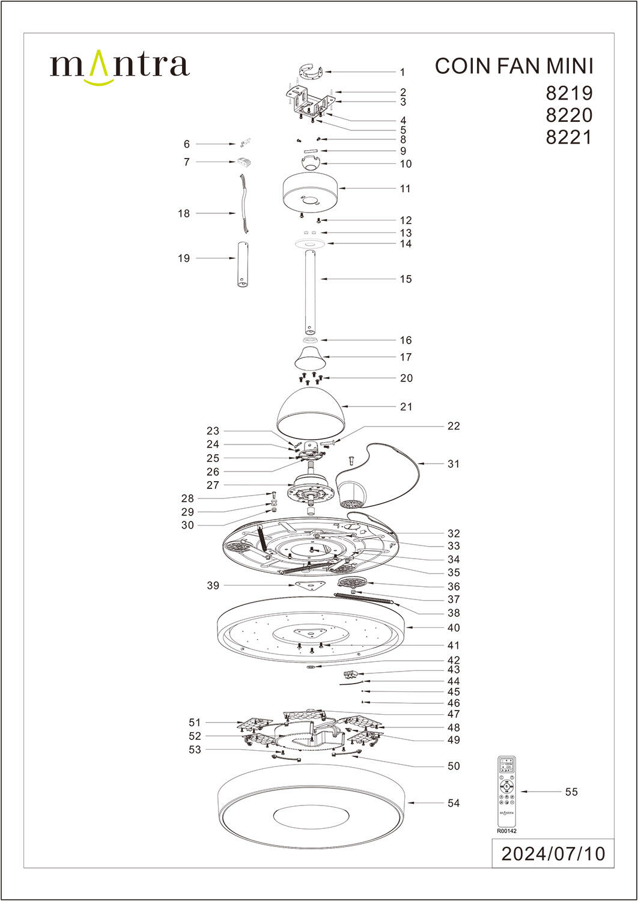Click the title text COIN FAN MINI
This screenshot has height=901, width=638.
pyautogui.click(x=514, y=66)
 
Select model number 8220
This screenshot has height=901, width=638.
pyautogui.click(x=569, y=115)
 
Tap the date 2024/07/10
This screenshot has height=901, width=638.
pyautogui.click(x=553, y=854)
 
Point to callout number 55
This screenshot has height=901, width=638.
pyautogui.click(x=571, y=792)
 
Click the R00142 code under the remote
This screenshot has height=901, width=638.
pyautogui.click(x=506, y=831)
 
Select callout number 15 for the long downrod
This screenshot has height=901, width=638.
pyautogui.click(x=406, y=279)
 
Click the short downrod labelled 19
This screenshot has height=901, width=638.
pyautogui.click(x=243, y=264)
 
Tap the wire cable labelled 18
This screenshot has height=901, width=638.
pyautogui.click(x=245, y=204)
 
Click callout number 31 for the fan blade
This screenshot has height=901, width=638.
pyautogui.click(x=454, y=464)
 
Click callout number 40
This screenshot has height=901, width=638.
pyautogui.click(x=454, y=628)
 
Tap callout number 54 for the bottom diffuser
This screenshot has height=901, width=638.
pyautogui.click(x=454, y=803)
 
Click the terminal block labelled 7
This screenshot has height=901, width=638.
pyautogui.click(x=243, y=162)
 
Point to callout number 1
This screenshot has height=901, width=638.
pyautogui.click(x=403, y=72)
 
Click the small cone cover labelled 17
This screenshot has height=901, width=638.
pyautogui.click(x=310, y=359)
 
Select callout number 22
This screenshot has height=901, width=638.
pyautogui.click(x=454, y=426)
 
